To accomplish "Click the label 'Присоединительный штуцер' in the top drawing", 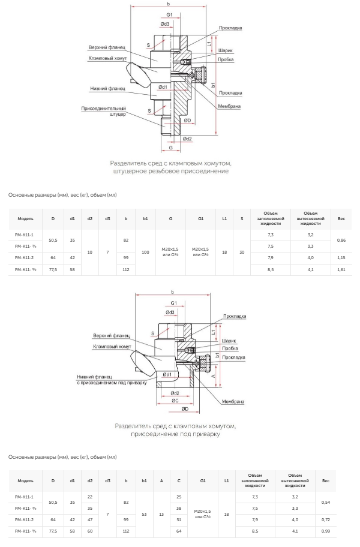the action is pos(103,112).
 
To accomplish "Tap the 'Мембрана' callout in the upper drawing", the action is pos(229,106).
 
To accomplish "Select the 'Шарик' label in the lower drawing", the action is pos(229,341).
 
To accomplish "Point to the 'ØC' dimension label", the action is pos(175,401).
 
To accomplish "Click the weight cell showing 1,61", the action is pos(341,270).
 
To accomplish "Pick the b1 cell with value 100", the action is pos(145,253).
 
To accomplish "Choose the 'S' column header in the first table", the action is pos(242,219).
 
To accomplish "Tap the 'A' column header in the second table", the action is pos(161,480).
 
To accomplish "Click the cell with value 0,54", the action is pos(325,503).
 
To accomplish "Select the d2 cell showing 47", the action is pos(90,520).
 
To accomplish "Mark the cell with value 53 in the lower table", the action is pos(144,514).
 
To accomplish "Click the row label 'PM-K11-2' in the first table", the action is pos(24,258).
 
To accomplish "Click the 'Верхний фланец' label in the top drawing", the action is pos(107,47).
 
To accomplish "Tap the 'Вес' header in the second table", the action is pos(325,480).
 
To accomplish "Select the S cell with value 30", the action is pos(242,253).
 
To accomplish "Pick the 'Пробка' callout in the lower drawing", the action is pos(230,348).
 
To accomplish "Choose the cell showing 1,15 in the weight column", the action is pos(341,258).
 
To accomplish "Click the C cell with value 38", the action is pos(179,508).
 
